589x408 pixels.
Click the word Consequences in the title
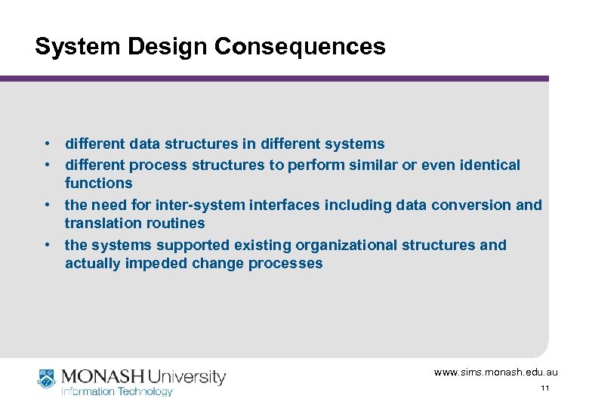[x=300, y=47]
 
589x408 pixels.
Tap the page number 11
[x=544, y=388]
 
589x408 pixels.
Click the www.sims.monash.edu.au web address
[x=496, y=372]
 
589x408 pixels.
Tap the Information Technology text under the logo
[x=117, y=391]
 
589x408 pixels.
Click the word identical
[x=491, y=165]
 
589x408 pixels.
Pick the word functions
[x=98, y=183]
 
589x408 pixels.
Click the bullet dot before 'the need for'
[x=47, y=205]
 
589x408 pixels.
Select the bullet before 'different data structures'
[x=47, y=144]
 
